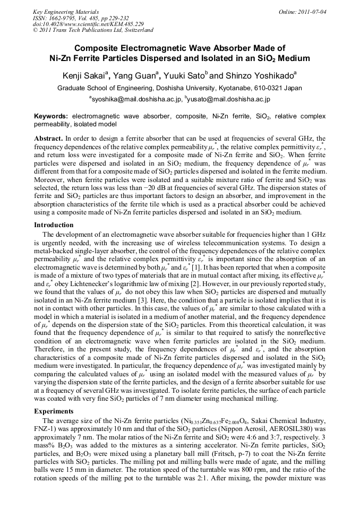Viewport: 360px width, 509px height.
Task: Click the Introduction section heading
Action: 54,225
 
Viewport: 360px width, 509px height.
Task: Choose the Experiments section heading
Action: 54,411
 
